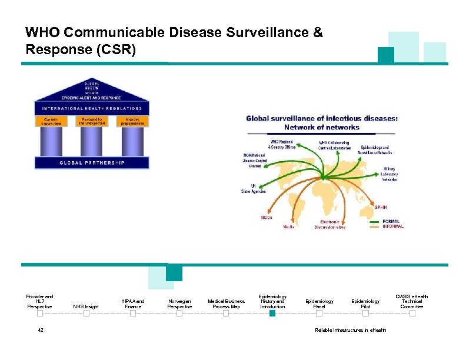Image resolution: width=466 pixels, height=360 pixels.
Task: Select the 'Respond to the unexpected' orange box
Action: [x=91, y=122]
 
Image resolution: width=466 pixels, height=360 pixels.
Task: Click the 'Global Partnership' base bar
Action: [x=92, y=162]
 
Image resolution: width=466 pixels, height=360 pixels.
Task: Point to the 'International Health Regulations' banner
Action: [x=92, y=109]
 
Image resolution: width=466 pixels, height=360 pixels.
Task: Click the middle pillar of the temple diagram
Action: [x=91, y=141]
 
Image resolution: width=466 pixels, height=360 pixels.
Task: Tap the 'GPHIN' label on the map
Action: [x=381, y=207]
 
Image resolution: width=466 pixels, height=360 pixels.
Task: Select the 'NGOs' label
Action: [x=267, y=217]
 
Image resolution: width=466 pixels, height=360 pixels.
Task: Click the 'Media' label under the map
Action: [x=289, y=226]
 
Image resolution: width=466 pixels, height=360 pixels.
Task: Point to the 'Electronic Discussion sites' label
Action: [x=330, y=224]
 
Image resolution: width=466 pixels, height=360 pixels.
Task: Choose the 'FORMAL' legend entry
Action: [x=391, y=221]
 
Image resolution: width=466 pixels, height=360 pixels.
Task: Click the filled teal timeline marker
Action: [x=272, y=314]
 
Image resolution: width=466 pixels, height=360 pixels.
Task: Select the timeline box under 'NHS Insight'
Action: [x=86, y=314]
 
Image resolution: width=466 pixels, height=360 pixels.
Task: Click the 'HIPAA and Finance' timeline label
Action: [x=133, y=304]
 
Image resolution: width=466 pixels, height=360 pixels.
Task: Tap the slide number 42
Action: [x=41, y=330]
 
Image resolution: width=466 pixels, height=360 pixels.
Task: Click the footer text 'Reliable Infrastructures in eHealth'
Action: [x=351, y=330]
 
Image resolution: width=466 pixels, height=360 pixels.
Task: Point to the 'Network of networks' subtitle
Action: [x=322, y=126]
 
